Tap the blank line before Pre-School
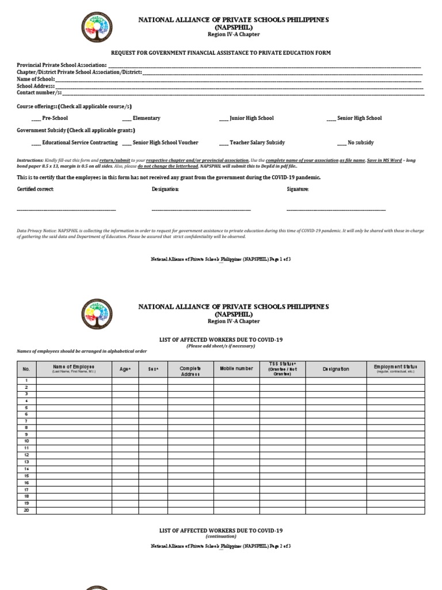click(x=36, y=119)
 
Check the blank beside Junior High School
click(x=223, y=119)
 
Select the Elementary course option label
click(x=146, y=118)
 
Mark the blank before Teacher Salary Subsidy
click(x=223, y=143)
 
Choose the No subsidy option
click(x=360, y=142)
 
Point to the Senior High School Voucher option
click(x=165, y=142)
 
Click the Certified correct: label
click(x=35, y=189)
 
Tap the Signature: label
click(x=298, y=189)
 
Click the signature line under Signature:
click(x=336, y=210)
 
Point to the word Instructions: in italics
click(x=30, y=160)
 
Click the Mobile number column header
click(x=236, y=368)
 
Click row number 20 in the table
click(x=26, y=510)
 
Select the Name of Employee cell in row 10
click(x=74, y=441)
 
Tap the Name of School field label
click(x=36, y=79)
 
